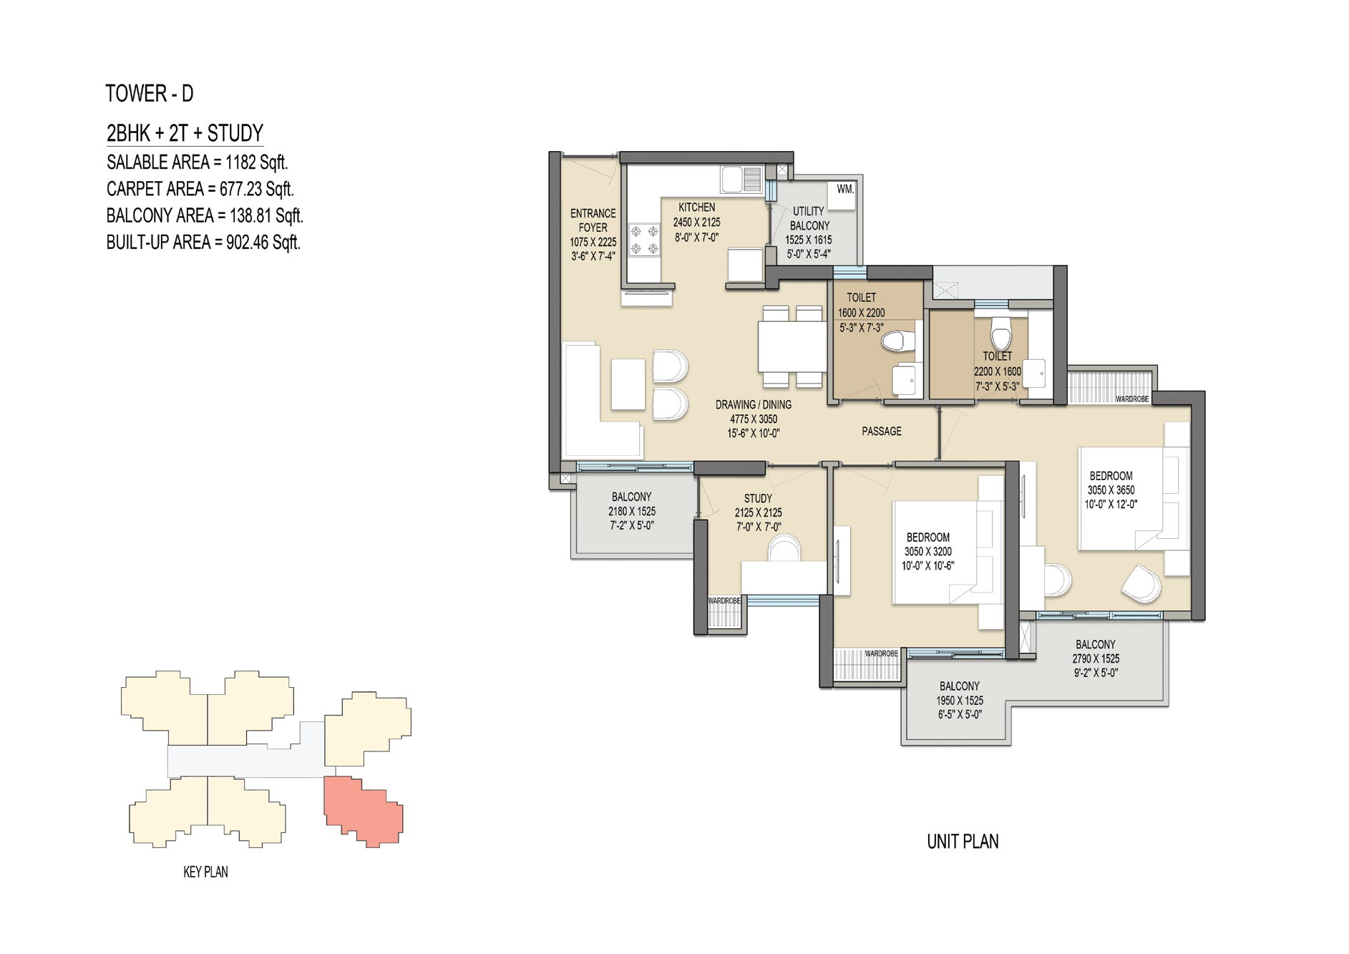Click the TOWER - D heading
(x=150, y=94)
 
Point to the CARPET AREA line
(x=200, y=189)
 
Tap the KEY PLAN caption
(x=205, y=872)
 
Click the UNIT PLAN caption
(x=963, y=842)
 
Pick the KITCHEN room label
(x=696, y=208)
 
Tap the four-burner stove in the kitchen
(x=644, y=240)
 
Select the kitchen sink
(x=742, y=179)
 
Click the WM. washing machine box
(x=844, y=195)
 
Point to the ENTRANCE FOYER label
(x=593, y=220)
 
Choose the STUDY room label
(x=758, y=498)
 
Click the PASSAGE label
(x=882, y=432)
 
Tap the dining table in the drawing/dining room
(x=792, y=346)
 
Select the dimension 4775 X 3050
(x=754, y=419)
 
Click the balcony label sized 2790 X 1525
(x=1096, y=658)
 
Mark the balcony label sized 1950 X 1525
(x=960, y=700)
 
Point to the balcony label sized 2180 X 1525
(x=632, y=511)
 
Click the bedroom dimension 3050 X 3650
(x=1111, y=490)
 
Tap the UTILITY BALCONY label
(x=809, y=218)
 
